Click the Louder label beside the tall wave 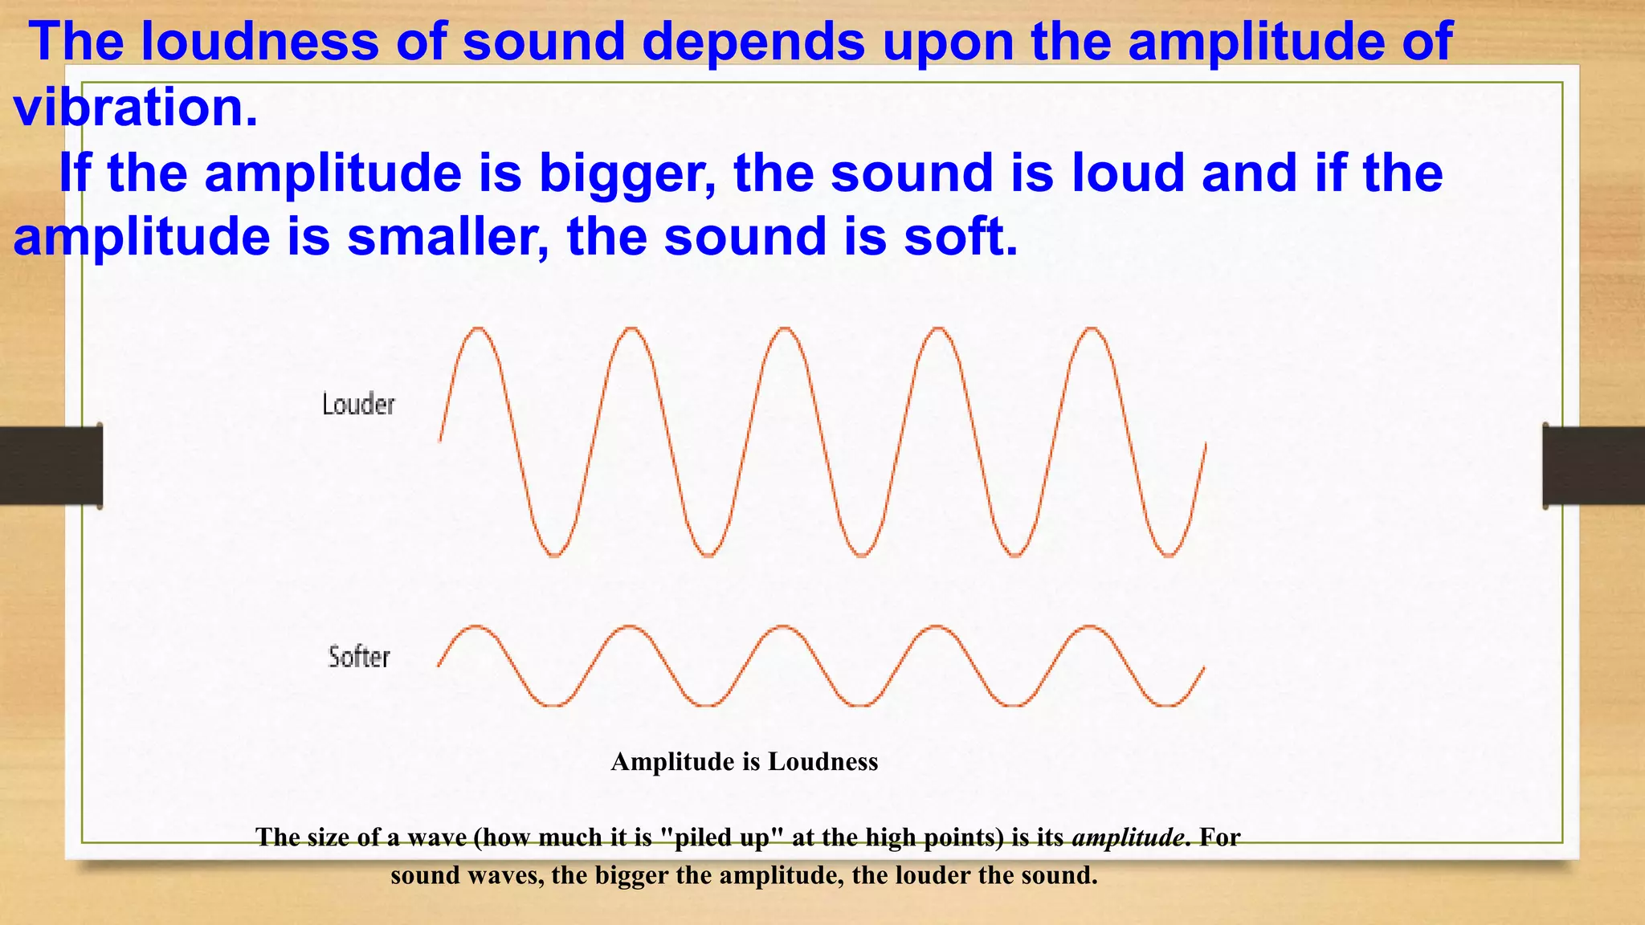(358, 404)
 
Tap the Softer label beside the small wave (359, 657)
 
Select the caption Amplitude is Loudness (744, 761)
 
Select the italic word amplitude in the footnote (1128, 837)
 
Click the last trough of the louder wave (1169, 555)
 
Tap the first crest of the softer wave (477, 626)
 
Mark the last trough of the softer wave (1166, 705)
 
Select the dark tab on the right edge (1594, 466)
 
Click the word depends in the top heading (753, 41)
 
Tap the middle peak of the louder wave (785, 328)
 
